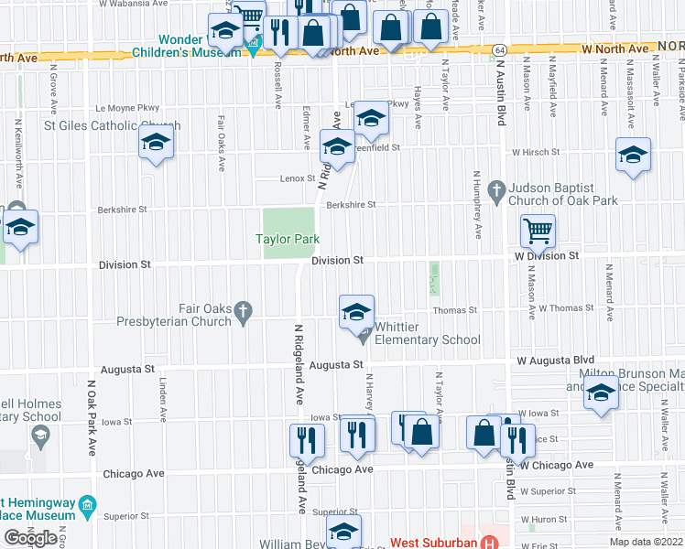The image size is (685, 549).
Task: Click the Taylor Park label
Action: [288, 239]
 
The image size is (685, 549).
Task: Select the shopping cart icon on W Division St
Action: [538, 231]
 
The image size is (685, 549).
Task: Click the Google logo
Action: [30, 538]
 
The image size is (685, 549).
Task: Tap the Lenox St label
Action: [298, 178]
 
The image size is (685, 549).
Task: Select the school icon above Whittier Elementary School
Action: [356, 312]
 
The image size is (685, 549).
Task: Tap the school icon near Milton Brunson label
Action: [601, 394]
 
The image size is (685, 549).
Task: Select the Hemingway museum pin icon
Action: [87, 504]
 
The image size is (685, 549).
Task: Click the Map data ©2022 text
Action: [646, 542]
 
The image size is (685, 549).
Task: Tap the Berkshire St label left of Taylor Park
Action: [122, 210]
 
